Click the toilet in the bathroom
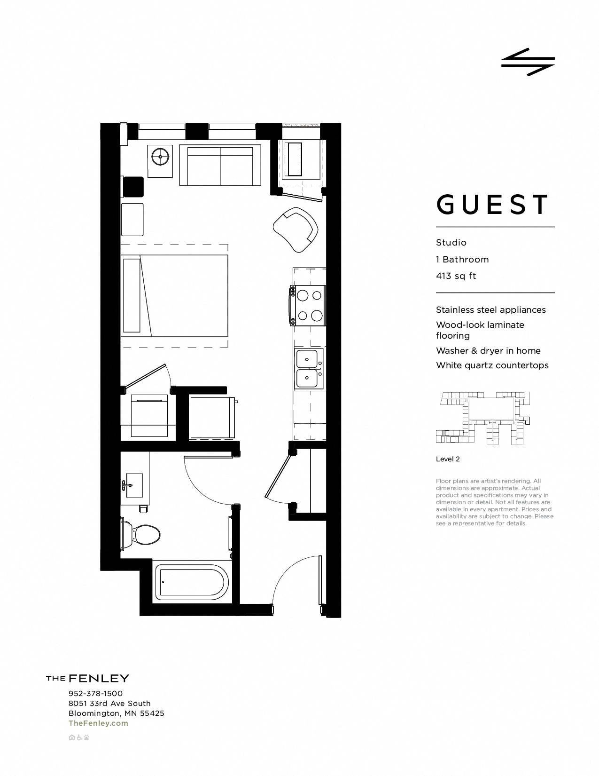pyautogui.click(x=141, y=535)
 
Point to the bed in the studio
pyautogui.click(x=175, y=295)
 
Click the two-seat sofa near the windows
pyautogui.click(x=220, y=166)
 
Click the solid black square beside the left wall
pyautogui.click(x=133, y=187)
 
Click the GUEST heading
pyautogui.click(x=492, y=205)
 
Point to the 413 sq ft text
pyautogui.click(x=456, y=276)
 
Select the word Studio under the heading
pyautogui.click(x=451, y=243)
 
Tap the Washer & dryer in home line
pyautogui.click(x=488, y=351)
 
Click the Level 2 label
pyautogui.click(x=448, y=459)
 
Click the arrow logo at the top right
pyautogui.click(x=528, y=62)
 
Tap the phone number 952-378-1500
pyautogui.click(x=95, y=694)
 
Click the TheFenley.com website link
pyautogui.click(x=98, y=723)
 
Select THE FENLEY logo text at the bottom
pyautogui.click(x=87, y=678)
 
